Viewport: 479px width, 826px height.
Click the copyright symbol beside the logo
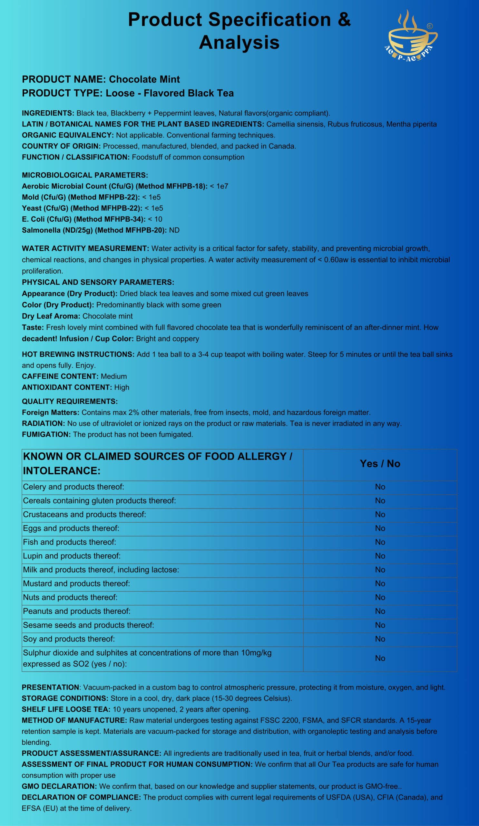[x=430, y=26]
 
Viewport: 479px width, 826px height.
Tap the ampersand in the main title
[x=344, y=20]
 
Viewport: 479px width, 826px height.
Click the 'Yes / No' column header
[x=380, y=463]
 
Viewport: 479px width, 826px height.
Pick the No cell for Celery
[x=380, y=487]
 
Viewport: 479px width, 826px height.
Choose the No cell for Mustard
[x=380, y=583]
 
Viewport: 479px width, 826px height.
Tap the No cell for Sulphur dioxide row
[x=380, y=658]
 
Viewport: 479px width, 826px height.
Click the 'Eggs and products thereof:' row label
[x=71, y=528]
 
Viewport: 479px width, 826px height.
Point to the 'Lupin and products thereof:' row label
[x=72, y=556]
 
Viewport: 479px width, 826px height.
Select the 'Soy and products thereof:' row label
[x=69, y=639]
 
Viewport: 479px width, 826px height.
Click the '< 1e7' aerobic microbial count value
[x=219, y=186]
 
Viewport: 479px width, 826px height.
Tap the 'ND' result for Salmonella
[x=174, y=230]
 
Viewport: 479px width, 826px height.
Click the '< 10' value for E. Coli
[x=155, y=219]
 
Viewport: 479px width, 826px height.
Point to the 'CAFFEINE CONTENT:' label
[x=60, y=376]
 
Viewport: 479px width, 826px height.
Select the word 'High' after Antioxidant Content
[x=122, y=387]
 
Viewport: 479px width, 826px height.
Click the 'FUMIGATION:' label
[x=46, y=434]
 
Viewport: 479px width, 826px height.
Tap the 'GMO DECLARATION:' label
[x=59, y=786]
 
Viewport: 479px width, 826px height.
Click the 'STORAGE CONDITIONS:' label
[x=65, y=698]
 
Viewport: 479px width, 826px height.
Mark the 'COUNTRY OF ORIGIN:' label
[x=61, y=146]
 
